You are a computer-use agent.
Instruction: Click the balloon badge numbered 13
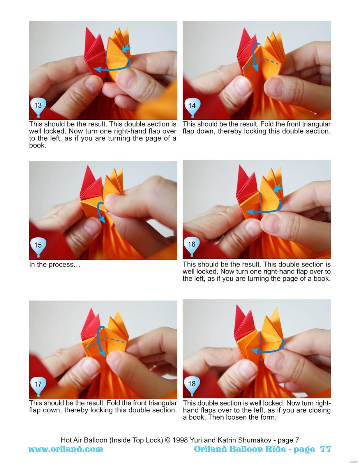[x=38, y=106]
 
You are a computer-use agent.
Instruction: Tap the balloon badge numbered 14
[x=192, y=106]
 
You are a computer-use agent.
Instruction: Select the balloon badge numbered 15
[x=38, y=246]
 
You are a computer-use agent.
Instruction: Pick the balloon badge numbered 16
[x=191, y=245]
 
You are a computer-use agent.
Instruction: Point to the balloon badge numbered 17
[x=38, y=384]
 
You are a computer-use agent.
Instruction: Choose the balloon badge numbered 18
[x=192, y=384]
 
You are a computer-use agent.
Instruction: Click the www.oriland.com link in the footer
[x=66, y=449]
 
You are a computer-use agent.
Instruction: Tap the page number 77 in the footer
[x=325, y=449]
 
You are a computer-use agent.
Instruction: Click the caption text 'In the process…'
[x=54, y=265]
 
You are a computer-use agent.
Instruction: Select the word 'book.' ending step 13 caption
[x=38, y=145]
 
